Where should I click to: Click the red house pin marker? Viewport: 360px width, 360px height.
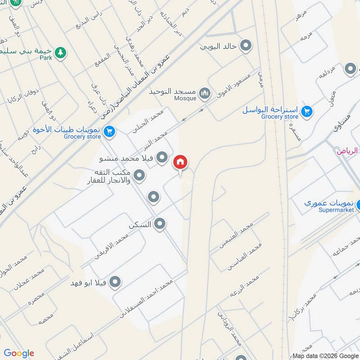[180, 162]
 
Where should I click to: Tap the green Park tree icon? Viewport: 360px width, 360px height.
[60, 53]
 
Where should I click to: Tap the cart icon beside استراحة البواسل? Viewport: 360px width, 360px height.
[307, 111]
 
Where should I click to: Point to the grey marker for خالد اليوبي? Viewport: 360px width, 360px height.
[246, 45]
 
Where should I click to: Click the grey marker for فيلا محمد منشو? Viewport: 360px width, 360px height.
[163, 158]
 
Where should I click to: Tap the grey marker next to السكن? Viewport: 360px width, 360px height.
[159, 224]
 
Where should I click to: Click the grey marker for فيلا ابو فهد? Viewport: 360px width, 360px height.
[115, 282]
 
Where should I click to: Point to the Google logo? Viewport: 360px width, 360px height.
[19, 353]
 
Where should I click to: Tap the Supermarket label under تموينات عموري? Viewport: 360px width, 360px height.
[337, 210]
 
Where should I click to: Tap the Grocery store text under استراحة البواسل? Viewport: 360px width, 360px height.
[279, 117]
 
